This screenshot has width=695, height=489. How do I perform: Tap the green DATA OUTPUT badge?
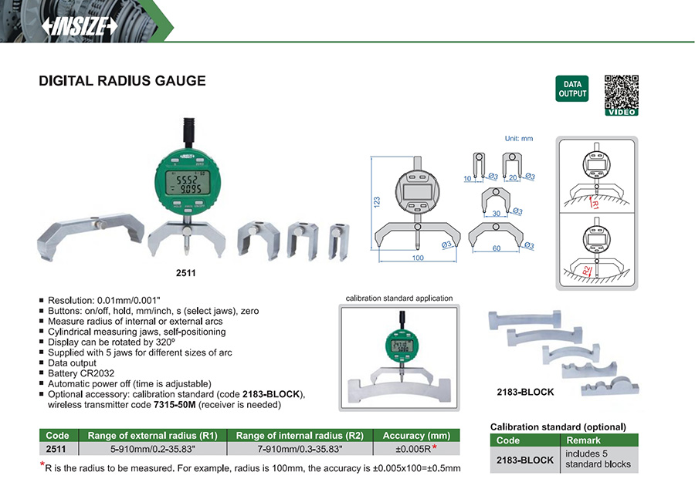point(572,89)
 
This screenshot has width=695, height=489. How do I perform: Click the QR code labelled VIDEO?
point(621,94)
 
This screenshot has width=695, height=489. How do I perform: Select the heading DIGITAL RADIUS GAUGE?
point(122,80)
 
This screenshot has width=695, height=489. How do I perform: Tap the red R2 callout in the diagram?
point(588,270)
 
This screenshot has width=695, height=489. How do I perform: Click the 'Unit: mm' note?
point(519,139)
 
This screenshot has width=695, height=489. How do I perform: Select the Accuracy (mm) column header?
point(416,435)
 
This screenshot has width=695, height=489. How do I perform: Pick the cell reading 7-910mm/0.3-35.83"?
point(300,448)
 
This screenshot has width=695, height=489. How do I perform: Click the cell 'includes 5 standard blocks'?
point(598,459)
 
